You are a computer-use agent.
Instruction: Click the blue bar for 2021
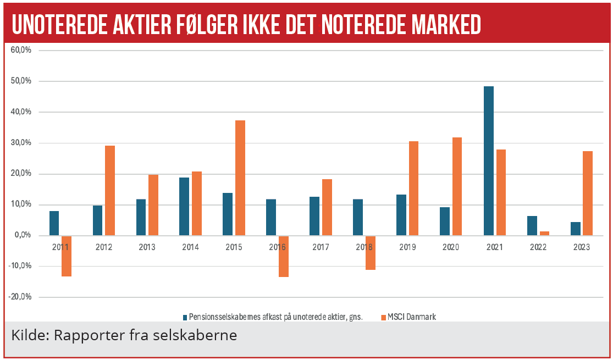(x=489, y=161)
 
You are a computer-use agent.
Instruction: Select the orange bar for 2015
(x=240, y=178)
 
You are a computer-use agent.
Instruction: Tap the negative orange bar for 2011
(x=67, y=256)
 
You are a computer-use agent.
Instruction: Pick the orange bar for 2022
(x=544, y=233)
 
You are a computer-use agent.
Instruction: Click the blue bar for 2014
(x=184, y=206)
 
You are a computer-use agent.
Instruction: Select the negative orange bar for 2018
(x=370, y=252)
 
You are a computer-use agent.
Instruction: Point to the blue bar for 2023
(x=576, y=229)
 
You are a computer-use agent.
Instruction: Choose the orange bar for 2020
(x=457, y=186)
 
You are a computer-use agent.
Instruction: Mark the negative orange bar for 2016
(x=284, y=256)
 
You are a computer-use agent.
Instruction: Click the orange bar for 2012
(x=110, y=190)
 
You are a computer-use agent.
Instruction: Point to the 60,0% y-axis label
(x=22, y=50)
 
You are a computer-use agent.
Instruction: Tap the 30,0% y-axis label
(x=22, y=143)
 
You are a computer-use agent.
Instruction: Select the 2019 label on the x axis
(x=408, y=247)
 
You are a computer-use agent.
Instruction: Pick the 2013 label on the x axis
(x=147, y=247)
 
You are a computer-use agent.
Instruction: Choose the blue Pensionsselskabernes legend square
(x=185, y=317)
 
